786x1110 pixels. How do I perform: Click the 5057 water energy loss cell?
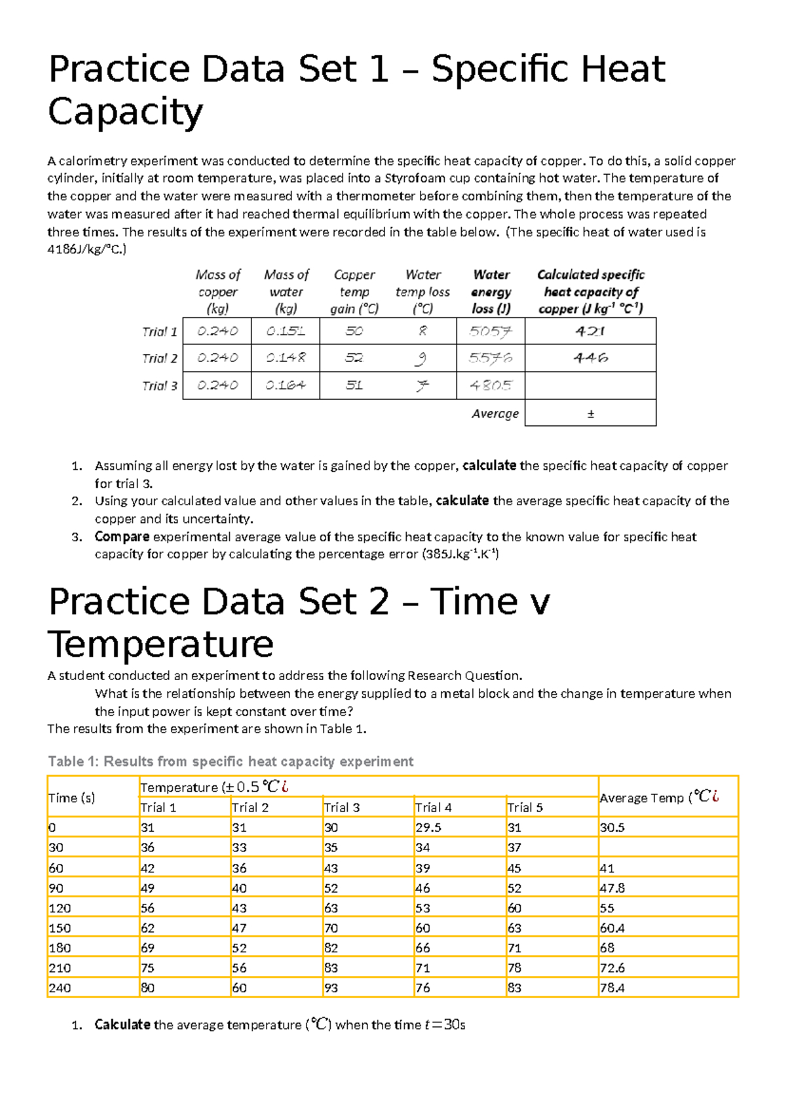point(490,331)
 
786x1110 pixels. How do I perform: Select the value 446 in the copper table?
point(590,358)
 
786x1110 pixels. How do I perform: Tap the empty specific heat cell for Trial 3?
point(590,385)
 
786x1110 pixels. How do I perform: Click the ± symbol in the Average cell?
point(590,414)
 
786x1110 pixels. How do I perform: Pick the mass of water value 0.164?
point(286,385)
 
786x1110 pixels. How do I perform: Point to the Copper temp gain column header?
point(354,292)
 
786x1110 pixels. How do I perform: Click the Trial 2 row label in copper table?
point(159,359)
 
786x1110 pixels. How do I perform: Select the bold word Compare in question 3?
point(122,537)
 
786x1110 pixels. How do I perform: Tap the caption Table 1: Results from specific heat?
point(231,761)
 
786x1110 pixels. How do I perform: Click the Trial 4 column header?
point(433,808)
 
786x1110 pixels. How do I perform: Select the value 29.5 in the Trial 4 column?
point(428,827)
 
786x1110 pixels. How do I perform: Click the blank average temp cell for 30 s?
point(667,848)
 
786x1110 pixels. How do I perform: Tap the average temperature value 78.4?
point(612,988)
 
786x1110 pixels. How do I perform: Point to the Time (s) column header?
point(71,798)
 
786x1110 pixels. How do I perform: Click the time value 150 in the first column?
point(60,928)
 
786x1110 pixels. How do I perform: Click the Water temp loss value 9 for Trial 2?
point(422,358)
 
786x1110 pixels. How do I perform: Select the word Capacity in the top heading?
point(125,112)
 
